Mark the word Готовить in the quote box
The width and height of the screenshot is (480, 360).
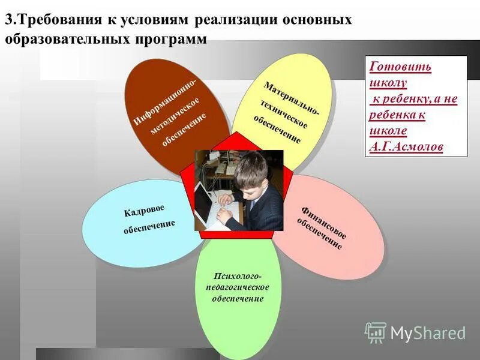400,67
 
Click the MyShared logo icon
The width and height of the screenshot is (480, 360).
376,332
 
